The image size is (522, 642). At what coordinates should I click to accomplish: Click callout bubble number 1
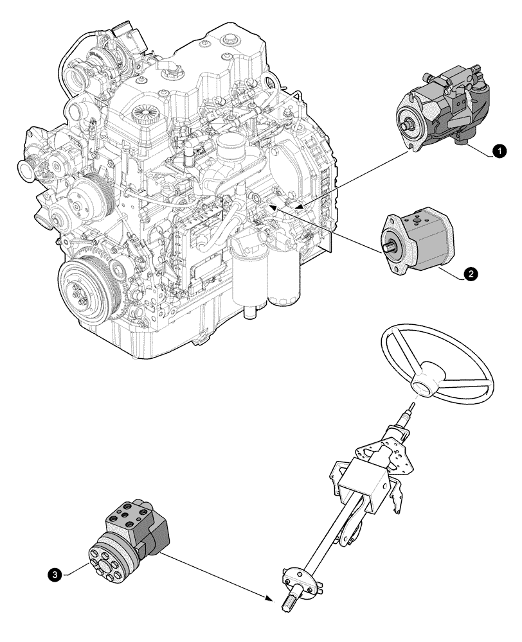click(x=497, y=152)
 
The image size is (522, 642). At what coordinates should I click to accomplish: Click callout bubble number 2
click(x=471, y=275)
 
